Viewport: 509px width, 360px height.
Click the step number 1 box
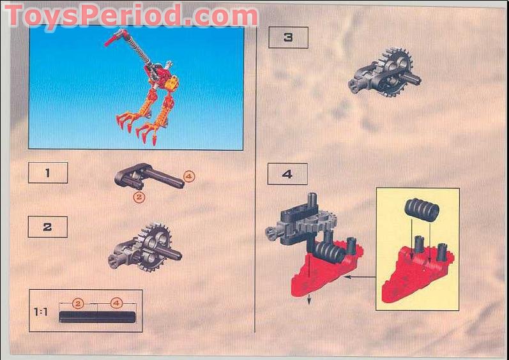pyautogui.click(x=47, y=172)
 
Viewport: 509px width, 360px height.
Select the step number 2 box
pyautogui.click(x=47, y=227)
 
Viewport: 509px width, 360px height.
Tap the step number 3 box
pyautogui.click(x=287, y=38)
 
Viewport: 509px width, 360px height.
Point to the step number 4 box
pyautogui.click(x=287, y=174)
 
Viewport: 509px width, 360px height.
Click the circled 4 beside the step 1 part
pyautogui.click(x=188, y=175)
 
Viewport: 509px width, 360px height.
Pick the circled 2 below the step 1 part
pyautogui.click(x=139, y=197)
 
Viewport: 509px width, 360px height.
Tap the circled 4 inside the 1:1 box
pyautogui.click(x=116, y=303)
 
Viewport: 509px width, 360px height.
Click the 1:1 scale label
pyautogui.click(x=41, y=313)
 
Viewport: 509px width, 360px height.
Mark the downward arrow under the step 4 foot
pyautogui.click(x=310, y=300)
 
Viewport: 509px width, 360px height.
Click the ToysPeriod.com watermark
pyautogui.click(x=131, y=15)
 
